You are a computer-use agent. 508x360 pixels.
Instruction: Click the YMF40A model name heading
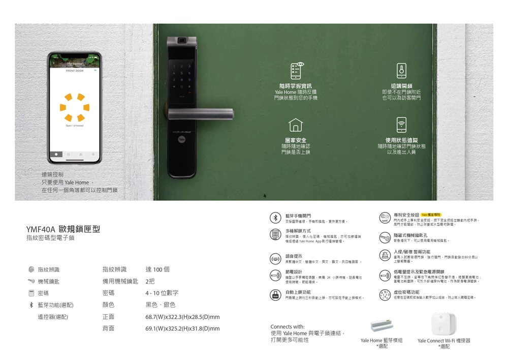pos(63,229)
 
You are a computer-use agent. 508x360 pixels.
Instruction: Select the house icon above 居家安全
pos(296,125)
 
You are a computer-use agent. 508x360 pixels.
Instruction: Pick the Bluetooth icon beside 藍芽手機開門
pos(275,218)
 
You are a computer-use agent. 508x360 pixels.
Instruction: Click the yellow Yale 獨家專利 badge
pos(431,215)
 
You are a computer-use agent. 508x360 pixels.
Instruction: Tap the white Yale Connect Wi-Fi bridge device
pos(443,324)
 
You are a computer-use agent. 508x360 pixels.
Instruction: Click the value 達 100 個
pos(157,269)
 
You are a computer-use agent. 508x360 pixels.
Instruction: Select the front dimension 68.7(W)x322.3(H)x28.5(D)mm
pos(182,317)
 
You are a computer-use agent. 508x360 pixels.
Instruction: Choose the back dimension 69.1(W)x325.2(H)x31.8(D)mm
pos(182,328)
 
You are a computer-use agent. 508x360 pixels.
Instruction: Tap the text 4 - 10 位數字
pos(162,293)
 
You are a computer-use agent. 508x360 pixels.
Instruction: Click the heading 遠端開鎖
pos(401,86)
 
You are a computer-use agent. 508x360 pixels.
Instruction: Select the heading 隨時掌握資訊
pos(296,86)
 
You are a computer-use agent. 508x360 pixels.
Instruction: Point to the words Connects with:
pos(288,326)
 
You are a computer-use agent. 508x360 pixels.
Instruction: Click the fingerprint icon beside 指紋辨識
pos(31,269)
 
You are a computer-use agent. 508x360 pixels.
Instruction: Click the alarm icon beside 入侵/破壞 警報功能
pos(385,255)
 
